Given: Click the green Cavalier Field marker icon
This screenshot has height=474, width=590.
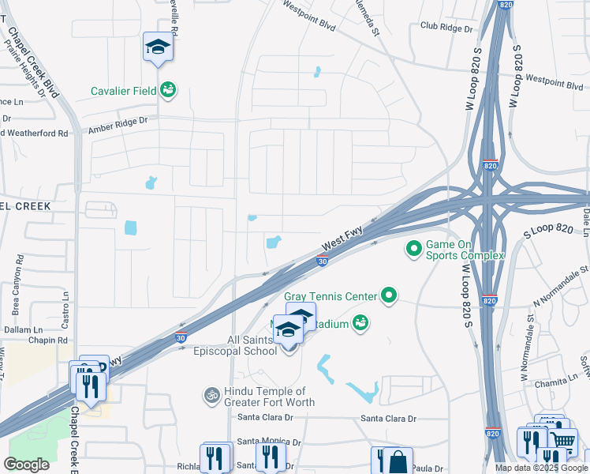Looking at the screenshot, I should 167,90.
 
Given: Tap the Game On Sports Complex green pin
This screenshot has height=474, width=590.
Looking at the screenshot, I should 413,250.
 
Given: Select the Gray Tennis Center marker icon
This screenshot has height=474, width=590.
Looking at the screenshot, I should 388,296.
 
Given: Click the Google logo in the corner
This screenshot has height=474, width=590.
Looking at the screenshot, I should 26,465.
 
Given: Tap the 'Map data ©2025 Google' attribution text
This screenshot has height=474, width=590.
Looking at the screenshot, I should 542,468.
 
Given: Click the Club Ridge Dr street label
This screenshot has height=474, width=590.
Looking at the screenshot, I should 446,28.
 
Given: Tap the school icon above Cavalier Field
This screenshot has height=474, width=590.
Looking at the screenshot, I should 158,47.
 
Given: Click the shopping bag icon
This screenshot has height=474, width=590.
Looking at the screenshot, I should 399,461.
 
